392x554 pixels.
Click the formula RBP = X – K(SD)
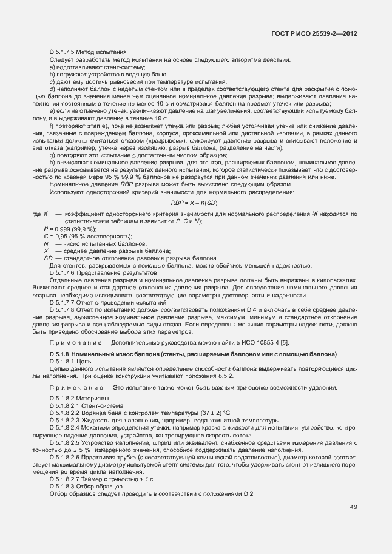click(x=194, y=203)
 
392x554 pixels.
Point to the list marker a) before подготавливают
click(x=52, y=67)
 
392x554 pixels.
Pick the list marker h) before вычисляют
click(x=52, y=163)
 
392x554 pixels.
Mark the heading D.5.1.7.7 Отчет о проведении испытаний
click(x=100, y=302)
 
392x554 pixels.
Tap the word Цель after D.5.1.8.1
click(x=85, y=361)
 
